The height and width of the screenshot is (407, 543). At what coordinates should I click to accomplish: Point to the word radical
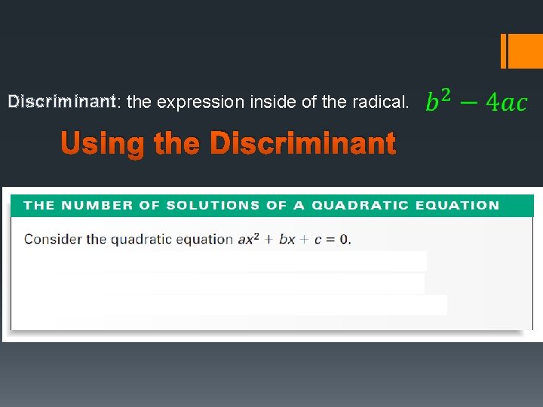pos(382,102)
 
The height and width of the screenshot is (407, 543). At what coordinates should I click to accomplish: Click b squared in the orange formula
pos(438,100)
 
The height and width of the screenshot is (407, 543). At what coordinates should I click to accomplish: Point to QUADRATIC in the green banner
pos(359,205)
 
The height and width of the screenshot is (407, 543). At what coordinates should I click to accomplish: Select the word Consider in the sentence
pos(53,240)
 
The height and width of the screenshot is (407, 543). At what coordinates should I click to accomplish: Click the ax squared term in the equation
pos(248,240)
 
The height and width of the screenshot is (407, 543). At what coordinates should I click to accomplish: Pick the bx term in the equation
pos(287,240)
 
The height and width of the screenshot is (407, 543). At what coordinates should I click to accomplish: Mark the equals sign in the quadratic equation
pos(330,240)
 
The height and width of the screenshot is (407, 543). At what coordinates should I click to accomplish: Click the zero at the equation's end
pos(343,240)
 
